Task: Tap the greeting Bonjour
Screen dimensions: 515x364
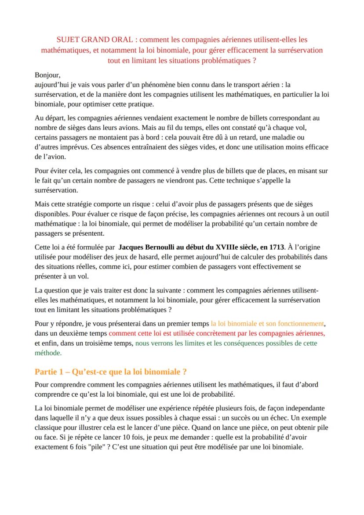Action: pos(47,75)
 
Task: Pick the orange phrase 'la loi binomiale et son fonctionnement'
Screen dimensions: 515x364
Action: pos(267,323)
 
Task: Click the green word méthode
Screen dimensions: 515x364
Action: pos(48,352)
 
